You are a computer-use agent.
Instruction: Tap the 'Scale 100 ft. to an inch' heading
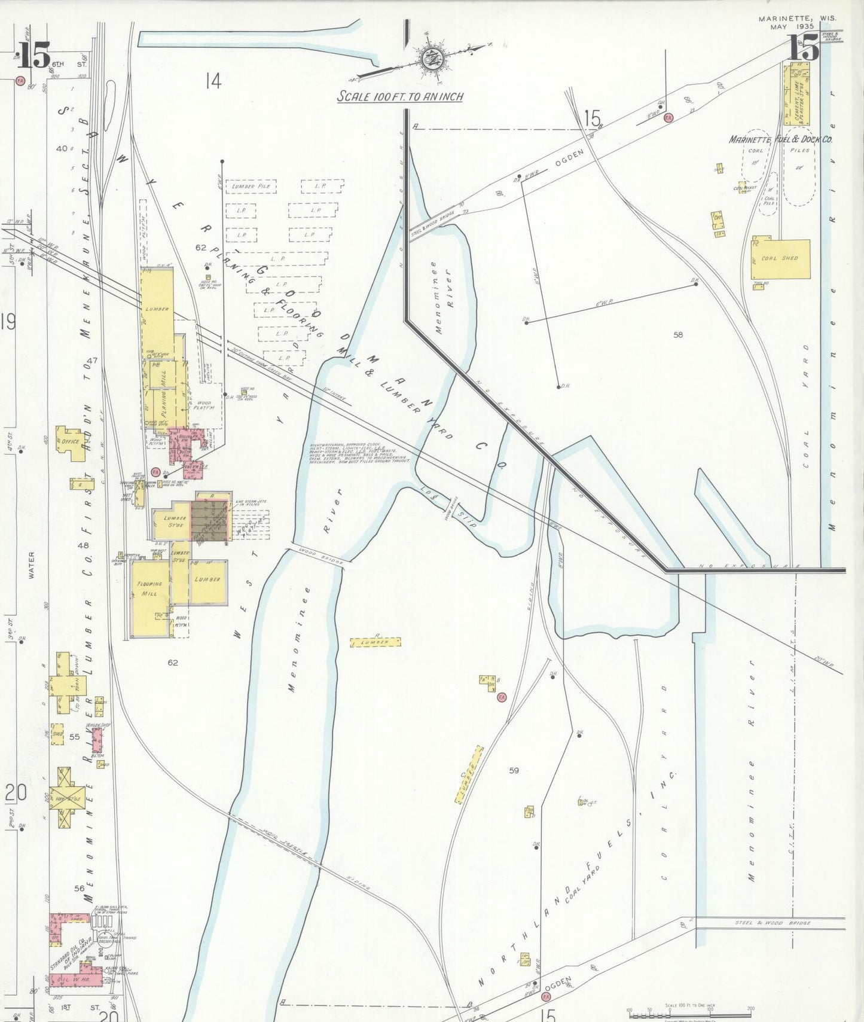click(400, 96)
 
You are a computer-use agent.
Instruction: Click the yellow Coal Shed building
click(781, 258)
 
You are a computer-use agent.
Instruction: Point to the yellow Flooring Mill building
click(149, 597)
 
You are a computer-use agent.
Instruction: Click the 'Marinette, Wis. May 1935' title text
click(797, 22)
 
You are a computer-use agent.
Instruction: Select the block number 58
click(677, 335)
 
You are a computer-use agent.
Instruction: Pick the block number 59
click(514, 770)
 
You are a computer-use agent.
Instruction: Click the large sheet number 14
click(213, 81)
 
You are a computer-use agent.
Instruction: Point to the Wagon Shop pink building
click(96, 740)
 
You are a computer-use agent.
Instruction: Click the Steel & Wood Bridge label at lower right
click(773, 923)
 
